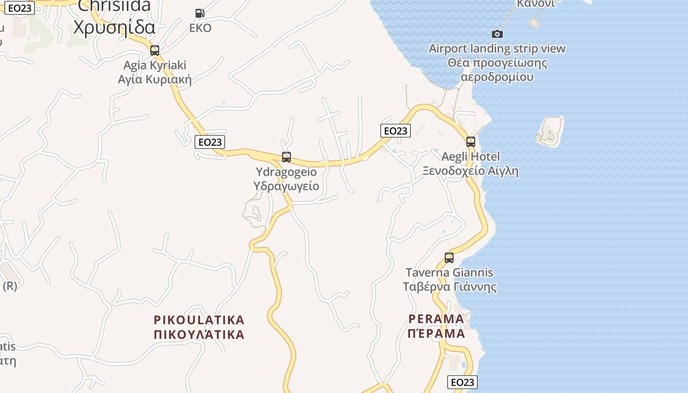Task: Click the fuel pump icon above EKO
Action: (200, 13)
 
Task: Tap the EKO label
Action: (201, 28)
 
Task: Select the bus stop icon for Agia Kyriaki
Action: (155, 51)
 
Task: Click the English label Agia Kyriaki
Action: (155, 65)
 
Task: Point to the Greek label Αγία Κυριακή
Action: (155, 79)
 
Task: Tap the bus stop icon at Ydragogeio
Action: (287, 157)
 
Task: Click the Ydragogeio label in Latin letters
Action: (287, 172)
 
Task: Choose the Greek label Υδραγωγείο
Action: (287, 186)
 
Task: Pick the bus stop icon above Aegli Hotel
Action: (471, 142)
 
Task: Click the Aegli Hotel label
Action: (471, 157)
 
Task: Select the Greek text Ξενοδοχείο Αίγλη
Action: (471, 171)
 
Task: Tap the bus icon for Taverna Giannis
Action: (449, 258)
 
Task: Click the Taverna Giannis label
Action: (449, 272)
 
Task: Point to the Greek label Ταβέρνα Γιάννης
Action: (449, 286)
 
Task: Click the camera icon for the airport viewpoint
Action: (497, 34)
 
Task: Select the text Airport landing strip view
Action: (497, 49)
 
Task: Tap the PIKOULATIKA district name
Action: (199, 320)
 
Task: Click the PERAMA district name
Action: (436, 319)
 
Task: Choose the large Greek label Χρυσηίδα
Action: (115, 27)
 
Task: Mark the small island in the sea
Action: (549, 131)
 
